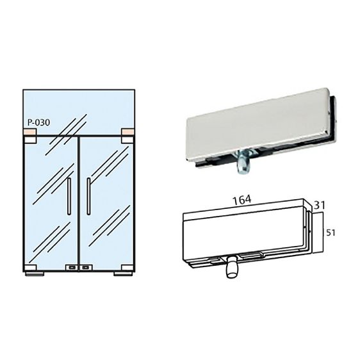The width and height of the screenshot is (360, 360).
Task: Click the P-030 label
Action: click(x=38, y=122)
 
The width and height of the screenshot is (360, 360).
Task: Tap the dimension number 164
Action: click(x=242, y=200)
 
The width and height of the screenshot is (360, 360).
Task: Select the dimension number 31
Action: click(x=320, y=206)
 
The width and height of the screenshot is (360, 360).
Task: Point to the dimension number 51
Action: click(x=331, y=233)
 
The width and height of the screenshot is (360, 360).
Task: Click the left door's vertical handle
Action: click(x=69, y=196)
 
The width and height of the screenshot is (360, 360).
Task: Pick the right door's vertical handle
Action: click(x=88, y=196)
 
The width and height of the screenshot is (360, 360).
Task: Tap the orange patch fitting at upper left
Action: click(x=30, y=132)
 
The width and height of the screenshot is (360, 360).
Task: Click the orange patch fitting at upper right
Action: click(x=127, y=132)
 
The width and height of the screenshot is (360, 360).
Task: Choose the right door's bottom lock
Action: click(x=86, y=268)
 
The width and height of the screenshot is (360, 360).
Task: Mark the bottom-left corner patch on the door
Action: click(x=30, y=268)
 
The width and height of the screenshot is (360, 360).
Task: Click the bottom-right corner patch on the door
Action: click(x=127, y=268)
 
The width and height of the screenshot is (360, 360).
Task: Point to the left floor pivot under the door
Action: click(x=35, y=274)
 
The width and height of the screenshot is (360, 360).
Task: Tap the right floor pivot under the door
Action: click(x=123, y=274)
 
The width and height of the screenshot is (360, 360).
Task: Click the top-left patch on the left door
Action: click(x=30, y=140)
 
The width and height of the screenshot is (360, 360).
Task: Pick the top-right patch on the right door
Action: click(x=127, y=140)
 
